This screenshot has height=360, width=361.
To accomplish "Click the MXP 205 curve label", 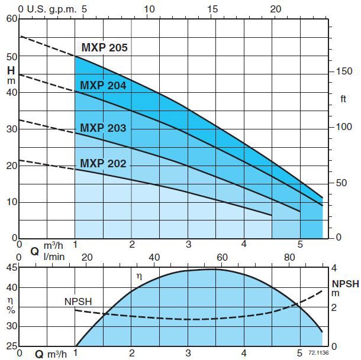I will click(104, 48).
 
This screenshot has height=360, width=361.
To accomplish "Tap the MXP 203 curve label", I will click(103, 128).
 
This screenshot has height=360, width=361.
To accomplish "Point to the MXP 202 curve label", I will click(103, 163).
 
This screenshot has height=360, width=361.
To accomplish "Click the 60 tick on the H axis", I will click(12, 18).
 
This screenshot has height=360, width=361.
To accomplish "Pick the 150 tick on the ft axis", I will click(344, 71).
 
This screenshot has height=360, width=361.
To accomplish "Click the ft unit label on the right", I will click(343, 99).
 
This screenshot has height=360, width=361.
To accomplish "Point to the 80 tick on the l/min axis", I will click(289, 257).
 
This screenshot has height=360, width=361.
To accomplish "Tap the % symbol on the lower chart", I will click(11, 309).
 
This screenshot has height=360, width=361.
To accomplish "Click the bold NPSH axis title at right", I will click(345, 284).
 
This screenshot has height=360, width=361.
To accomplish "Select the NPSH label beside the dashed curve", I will click(78, 301).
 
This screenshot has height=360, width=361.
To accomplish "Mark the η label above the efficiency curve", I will click(140, 276).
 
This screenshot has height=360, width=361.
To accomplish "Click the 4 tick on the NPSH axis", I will click(334, 267).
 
